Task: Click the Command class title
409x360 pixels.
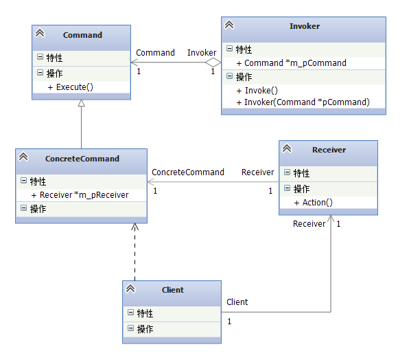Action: tap(82, 35)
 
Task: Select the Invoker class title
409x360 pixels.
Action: tap(305, 26)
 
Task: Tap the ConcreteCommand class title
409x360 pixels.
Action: tap(82, 159)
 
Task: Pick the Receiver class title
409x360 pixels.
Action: tap(329, 150)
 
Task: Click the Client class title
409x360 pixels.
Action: tap(173, 290)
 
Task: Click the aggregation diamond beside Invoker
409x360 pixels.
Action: tap(213, 63)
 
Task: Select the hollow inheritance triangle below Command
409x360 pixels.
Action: tap(82, 103)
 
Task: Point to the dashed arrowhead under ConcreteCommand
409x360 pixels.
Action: tap(135, 227)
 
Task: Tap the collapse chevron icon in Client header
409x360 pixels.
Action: tap(130, 289)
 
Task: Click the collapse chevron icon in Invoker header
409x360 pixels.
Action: tap(229, 25)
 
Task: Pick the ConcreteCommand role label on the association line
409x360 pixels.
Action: tap(188, 172)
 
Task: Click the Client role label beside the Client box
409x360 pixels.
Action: tap(237, 302)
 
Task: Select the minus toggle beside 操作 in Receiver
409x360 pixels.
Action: tap(287, 188)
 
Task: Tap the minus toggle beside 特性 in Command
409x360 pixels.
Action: tap(40, 57)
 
